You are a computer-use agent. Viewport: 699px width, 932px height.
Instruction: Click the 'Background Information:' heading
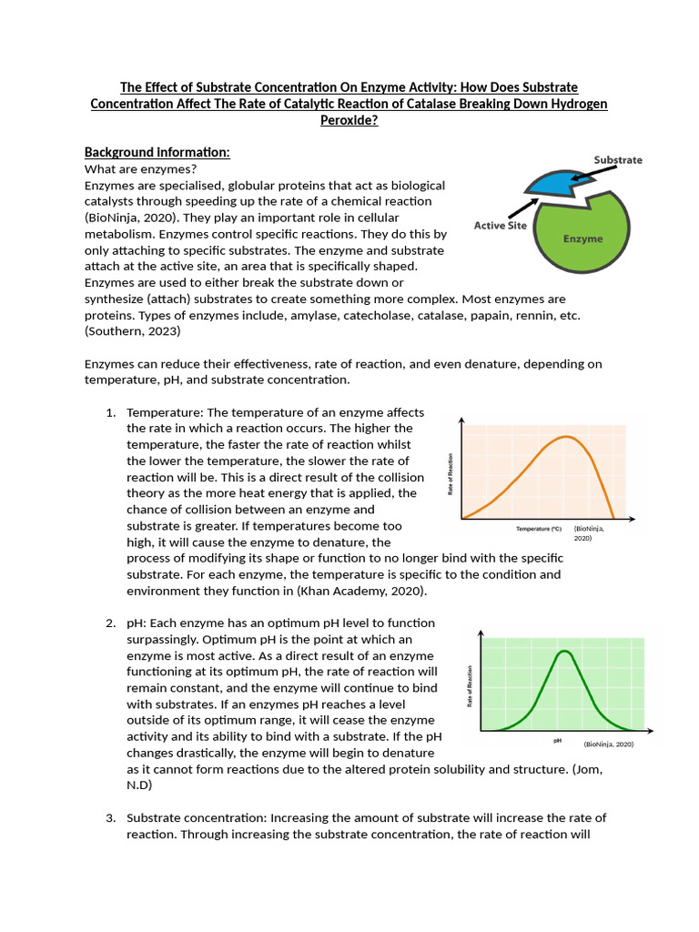(x=157, y=151)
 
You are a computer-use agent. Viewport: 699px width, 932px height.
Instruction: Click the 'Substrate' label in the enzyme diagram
(x=618, y=160)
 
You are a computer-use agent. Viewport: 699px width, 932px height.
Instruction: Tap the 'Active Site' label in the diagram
(x=500, y=226)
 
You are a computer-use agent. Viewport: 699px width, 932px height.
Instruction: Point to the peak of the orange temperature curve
(x=567, y=437)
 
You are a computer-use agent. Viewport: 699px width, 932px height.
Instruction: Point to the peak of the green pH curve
(x=564, y=652)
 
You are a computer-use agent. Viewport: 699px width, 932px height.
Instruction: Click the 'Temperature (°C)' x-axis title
(x=540, y=529)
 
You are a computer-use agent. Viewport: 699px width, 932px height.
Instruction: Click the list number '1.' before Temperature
(x=110, y=412)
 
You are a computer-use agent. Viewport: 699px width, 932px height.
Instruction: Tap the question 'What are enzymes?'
(x=140, y=168)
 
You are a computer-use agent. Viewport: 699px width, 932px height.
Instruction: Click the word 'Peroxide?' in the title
(x=349, y=120)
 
